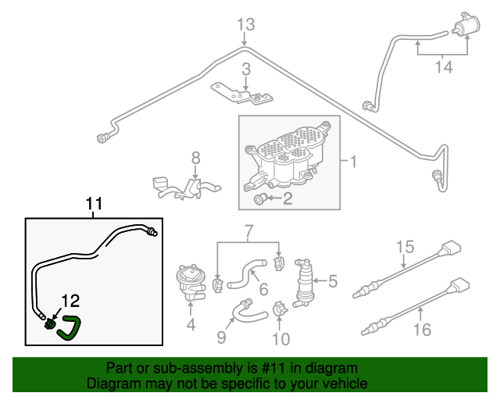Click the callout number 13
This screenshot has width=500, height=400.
coord(245,25)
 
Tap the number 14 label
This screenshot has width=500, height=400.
coord(443,67)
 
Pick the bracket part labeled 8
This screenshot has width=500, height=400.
coord(186,187)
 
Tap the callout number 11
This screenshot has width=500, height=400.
coord(94,204)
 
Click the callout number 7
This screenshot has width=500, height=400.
coord(248,230)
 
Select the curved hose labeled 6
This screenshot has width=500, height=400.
coord(249,273)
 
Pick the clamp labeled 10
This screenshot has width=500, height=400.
coord(280,312)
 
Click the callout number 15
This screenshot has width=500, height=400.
coord(403,248)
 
